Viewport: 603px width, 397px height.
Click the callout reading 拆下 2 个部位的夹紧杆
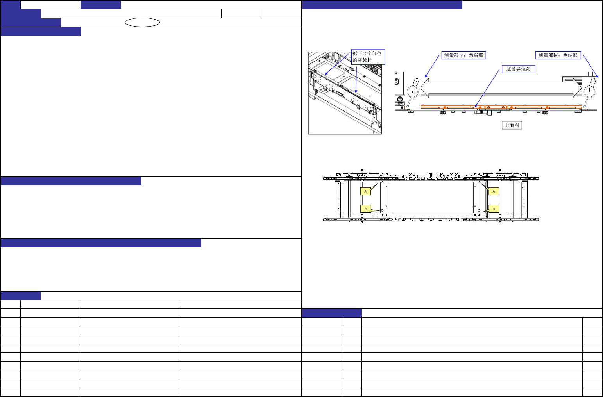368,57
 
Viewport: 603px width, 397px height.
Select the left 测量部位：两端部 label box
463,55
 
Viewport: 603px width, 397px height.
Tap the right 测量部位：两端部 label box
558,55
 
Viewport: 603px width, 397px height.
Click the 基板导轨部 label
518,69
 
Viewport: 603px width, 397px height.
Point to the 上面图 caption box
512,125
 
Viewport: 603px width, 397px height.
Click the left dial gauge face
413,92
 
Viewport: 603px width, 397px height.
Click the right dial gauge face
590,92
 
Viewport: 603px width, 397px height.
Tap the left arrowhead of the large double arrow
425,88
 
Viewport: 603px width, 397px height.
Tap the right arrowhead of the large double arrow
578,88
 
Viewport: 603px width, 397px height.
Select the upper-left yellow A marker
365,191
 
